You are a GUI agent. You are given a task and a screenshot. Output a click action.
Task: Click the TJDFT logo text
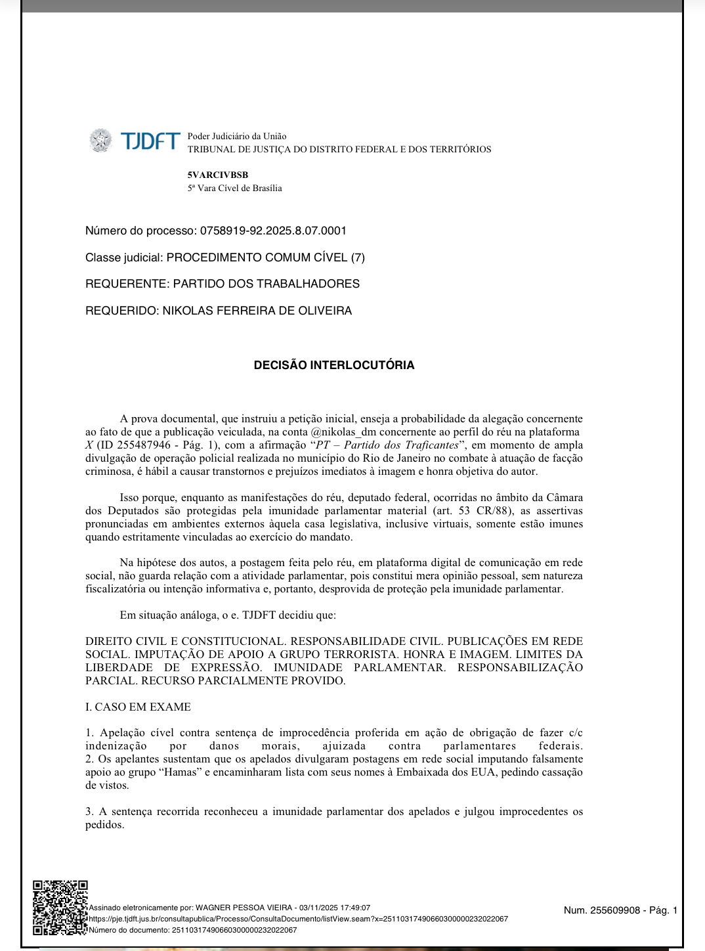click(150, 141)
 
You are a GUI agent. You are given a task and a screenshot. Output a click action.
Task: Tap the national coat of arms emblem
click(101, 141)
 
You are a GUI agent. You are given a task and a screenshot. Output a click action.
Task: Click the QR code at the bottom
click(60, 907)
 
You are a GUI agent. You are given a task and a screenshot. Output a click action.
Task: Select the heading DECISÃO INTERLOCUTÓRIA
click(334, 365)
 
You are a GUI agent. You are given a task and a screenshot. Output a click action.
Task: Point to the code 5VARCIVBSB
click(217, 175)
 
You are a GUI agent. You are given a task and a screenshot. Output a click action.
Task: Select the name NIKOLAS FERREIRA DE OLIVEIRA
click(257, 311)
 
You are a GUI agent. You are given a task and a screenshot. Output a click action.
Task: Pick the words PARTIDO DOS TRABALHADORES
click(266, 284)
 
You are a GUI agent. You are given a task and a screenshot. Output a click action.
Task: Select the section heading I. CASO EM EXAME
click(138, 707)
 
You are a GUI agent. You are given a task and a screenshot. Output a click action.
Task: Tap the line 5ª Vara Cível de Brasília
click(234, 188)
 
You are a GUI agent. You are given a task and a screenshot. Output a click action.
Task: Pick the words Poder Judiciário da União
click(237, 137)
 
